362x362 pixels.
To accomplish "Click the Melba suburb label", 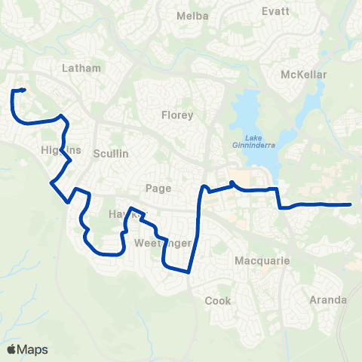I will [x=186, y=15].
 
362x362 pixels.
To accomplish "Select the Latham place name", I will [x=82, y=68].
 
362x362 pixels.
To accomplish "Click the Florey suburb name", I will [x=178, y=115].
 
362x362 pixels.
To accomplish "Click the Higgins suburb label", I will [x=60, y=151].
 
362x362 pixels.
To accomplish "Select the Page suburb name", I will [x=159, y=189].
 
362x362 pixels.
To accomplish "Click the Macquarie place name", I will [x=257, y=261].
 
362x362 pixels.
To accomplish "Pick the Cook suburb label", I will [x=218, y=300].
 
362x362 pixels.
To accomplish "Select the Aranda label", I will [x=328, y=299].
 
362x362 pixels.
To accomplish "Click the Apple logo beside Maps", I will [x=12, y=349].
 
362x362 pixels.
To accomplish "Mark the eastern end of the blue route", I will [x=351, y=204].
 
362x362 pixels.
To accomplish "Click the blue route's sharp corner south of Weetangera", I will [x=189, y=271].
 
